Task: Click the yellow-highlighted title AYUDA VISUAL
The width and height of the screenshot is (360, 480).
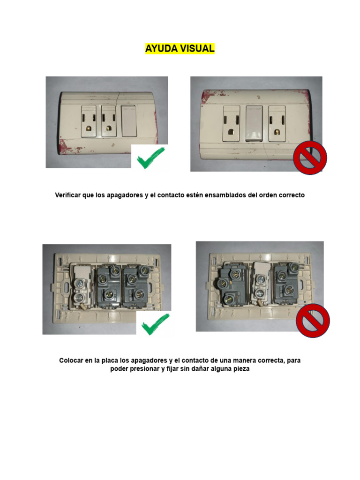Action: (x=180, y=48)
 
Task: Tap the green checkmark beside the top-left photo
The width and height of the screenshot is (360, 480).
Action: (x=150, y=157)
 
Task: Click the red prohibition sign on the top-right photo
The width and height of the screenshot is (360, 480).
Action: (x=310, y=157)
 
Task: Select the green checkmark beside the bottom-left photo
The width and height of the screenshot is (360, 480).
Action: (x=156, y=324)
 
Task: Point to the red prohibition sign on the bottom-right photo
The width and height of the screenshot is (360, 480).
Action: (x=313, y=321)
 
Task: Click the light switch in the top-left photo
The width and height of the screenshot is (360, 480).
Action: (x=129, y=121)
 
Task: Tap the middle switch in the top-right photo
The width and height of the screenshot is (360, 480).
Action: (x=254, y=123)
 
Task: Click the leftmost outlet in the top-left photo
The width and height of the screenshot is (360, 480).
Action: (x=89, y=121)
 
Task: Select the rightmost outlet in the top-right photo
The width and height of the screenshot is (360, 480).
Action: (x=277, y=123)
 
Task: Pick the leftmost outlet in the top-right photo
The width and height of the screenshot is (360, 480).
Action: (x=231, y=123)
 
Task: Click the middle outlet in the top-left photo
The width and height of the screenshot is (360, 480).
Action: (x=109, y=121)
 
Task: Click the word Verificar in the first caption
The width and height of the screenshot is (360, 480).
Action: (x=67, y=195)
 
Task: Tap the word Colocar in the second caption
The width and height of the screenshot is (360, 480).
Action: (x=71, y=360)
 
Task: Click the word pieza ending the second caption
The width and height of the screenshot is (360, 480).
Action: (x=241, y=369)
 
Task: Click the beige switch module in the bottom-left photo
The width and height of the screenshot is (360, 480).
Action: (x=82, y=286)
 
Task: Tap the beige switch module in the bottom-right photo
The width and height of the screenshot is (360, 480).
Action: (x=261, y=284)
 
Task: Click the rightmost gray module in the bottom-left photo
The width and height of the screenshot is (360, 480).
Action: (x=135, y=286)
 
